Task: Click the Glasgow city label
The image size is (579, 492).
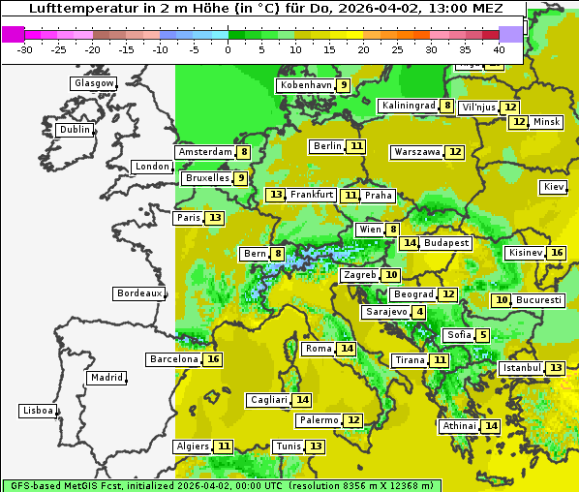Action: click(93, 83)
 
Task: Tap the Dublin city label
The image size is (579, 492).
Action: click(75, 130)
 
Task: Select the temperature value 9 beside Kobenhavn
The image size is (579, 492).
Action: click(344, 85)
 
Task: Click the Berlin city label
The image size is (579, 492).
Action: click(327, 146)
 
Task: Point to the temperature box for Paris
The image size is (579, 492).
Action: click(214, 218)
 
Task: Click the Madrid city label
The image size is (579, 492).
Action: click(106, 378)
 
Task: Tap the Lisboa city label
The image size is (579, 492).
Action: click(38, 411)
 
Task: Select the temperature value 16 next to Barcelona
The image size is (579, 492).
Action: click(213, 359)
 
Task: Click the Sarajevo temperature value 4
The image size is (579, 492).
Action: click(418, 312)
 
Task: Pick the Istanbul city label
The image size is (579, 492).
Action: click(521, 368)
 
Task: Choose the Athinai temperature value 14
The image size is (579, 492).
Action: click(491, 426)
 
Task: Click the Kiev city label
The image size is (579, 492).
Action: click(554, 187)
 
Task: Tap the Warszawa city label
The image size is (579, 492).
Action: click(416, 152)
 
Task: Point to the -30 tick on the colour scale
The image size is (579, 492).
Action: click(25, 49)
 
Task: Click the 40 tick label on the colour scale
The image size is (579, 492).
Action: click(499, 49)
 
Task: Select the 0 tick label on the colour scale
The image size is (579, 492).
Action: click(228, 49)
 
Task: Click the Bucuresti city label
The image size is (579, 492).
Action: click(539, 300)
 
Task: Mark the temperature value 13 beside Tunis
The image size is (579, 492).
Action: click(316, 446)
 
